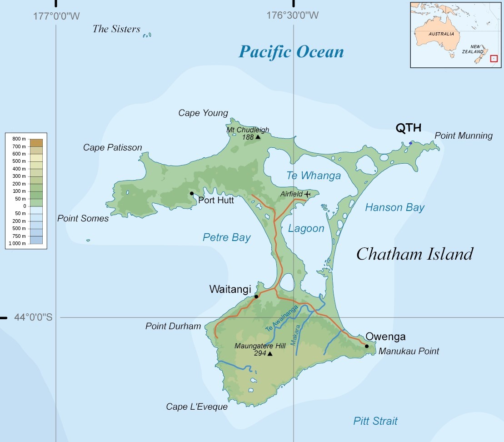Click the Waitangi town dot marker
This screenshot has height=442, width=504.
256,296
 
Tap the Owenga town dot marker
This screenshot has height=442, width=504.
367,346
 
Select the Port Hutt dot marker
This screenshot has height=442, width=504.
192,194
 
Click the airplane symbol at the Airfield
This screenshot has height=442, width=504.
308,194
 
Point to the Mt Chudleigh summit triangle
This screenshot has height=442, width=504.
258,137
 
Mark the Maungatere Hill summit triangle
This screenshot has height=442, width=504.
270,353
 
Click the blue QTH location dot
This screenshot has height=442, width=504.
410,143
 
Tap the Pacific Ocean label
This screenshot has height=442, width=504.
291,51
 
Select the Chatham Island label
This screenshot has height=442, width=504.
414,254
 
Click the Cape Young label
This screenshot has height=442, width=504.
203,113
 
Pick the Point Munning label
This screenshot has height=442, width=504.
463,136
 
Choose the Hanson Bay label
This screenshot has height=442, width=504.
394,208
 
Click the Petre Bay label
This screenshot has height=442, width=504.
226,237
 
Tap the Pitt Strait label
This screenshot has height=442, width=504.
375,421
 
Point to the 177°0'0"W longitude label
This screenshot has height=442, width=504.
56,16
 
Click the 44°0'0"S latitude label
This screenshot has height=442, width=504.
33,317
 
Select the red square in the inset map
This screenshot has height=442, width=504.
494,59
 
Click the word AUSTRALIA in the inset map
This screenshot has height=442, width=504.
441,34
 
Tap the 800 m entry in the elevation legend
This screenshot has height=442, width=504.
19,138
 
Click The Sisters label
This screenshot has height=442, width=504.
116,29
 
